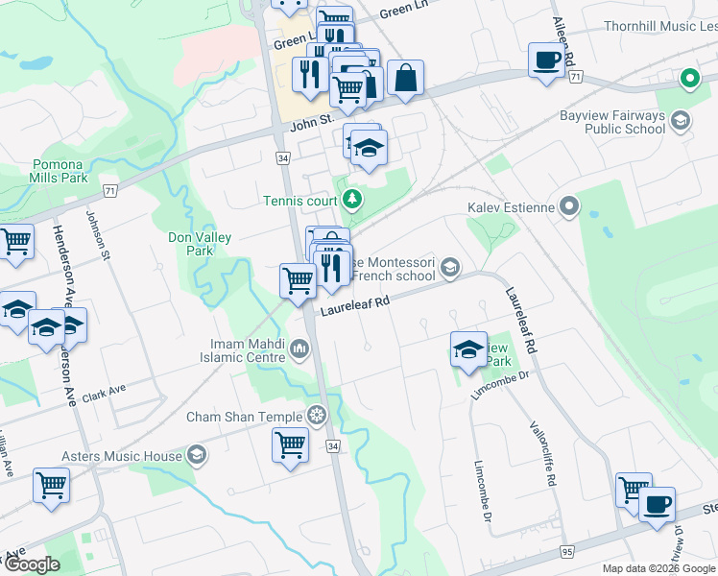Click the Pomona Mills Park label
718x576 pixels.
[60, 171]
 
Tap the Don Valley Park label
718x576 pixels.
[190, 244]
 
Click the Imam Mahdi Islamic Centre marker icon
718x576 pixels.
[300, 346]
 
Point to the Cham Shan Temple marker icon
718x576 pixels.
[316, 416]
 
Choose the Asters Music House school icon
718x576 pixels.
[197, 455]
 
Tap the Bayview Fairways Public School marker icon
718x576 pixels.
[681, 120]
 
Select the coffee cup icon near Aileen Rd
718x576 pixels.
[546, 60]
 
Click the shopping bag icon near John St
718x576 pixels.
[405, 80]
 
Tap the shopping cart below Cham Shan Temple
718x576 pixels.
[290, 444]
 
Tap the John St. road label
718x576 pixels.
[311, 122]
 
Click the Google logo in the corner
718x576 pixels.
[32, 565]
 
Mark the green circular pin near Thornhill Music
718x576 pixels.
[688, 79]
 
